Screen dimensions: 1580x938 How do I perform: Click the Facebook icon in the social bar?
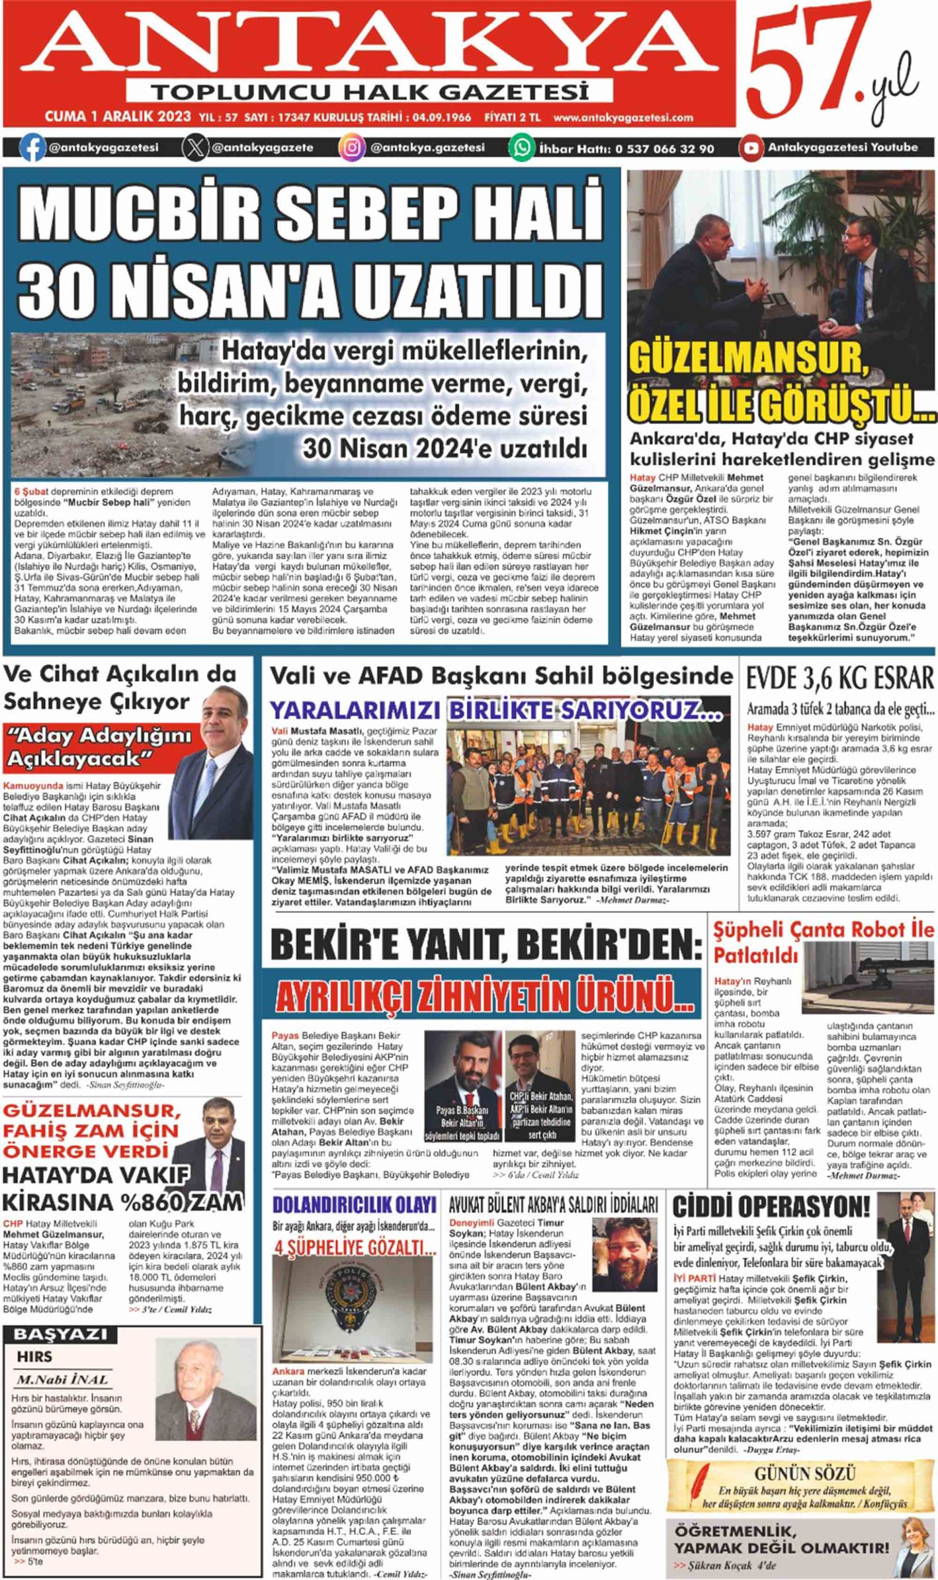click(32, 148)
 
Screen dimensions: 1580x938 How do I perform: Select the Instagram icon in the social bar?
click(351, 148)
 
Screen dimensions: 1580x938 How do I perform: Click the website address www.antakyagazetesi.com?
click(623, 117)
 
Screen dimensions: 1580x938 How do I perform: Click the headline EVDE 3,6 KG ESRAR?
click(839, 679)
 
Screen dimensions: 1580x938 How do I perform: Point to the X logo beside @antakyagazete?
click(194, 148)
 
